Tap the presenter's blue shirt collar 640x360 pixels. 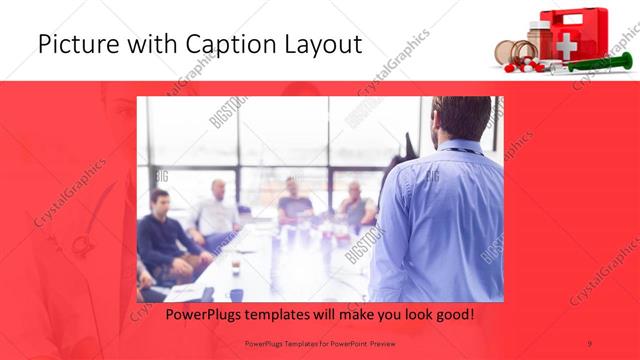(462, 150)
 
